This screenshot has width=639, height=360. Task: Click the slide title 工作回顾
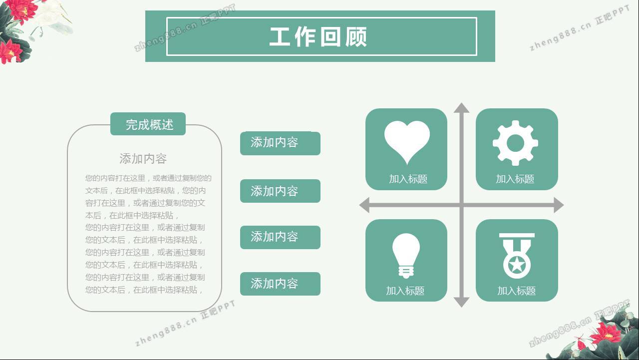pyautogui.click(x=318, y=37)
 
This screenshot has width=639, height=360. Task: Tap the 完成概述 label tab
pyautogui.click(x=148, y=124)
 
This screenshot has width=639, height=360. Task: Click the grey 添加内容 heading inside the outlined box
pyautogui.click(x=143, y=159)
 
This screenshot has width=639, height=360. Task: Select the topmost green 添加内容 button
pyautogui.click(x=280, y=143)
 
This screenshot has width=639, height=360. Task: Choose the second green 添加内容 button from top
pyautogui.click(x=280, y=191)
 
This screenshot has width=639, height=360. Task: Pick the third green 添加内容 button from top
pyautogui.click(x=280, y=237)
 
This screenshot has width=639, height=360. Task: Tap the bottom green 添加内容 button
pyautogui.click(x=280, y=284)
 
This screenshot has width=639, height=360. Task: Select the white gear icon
pyautogui.click(x=515, y=143)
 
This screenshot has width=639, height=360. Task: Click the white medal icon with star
pyautogui.click(x=517, y=256)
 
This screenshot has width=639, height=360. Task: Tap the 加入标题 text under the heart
pyautogui.click(x=408, y=179)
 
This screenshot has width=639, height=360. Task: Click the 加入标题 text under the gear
pyautogui.click(x=515, y=179)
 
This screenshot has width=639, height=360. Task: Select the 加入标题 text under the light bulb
pyautogui.click(x=405, y=291)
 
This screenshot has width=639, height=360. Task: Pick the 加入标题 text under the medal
pyautogui.click(x=516, y=291)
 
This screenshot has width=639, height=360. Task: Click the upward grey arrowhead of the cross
pyautogui.click(x=462, y=107)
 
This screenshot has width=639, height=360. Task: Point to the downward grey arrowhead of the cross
pyautogui.click(x=462, y=302)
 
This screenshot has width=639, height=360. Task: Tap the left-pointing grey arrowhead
pyautogui.click(x=364, y=205)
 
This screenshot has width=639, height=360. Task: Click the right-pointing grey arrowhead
pyautogui.click(x=559, y=205)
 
